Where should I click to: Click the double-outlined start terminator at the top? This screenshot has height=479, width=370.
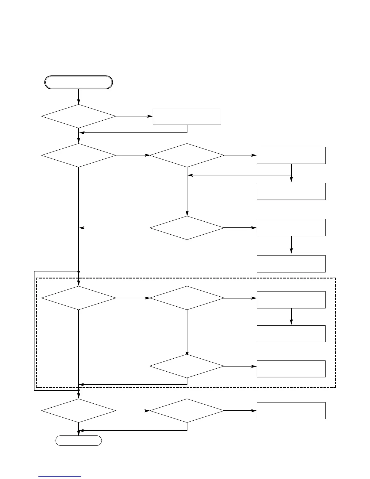(79, 82)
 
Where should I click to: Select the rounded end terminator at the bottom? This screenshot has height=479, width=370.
(79, 441)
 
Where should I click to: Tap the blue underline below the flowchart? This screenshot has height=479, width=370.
(60, 476)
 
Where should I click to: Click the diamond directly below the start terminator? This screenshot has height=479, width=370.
(79, 116)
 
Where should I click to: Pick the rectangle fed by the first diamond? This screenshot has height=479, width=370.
(187, 116)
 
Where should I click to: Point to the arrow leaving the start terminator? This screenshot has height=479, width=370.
(79, 96)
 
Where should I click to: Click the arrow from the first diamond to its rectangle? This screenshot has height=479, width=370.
(134, 116)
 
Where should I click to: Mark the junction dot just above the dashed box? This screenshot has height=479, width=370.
(79, 272)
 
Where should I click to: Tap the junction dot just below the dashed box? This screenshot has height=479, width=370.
(79, 390)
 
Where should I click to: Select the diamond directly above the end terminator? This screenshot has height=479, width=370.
(79, 411)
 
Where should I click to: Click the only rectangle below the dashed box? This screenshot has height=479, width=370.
(291, 411)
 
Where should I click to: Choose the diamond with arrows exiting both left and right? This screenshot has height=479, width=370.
(187, 228)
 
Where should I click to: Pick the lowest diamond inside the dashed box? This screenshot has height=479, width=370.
(187, 366)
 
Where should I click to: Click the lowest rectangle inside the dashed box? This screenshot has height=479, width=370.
(291, 369)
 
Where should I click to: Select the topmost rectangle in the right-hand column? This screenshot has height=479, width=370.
(291, 155)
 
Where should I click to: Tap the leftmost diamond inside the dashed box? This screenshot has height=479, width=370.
(79, 298)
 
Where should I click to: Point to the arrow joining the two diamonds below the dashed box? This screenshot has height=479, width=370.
(133, 411)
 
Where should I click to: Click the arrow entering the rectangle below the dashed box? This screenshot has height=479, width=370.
(241, 411)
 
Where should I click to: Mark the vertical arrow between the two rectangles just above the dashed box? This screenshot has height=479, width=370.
(291, 245)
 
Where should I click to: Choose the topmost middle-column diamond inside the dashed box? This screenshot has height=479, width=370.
(187, 298)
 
